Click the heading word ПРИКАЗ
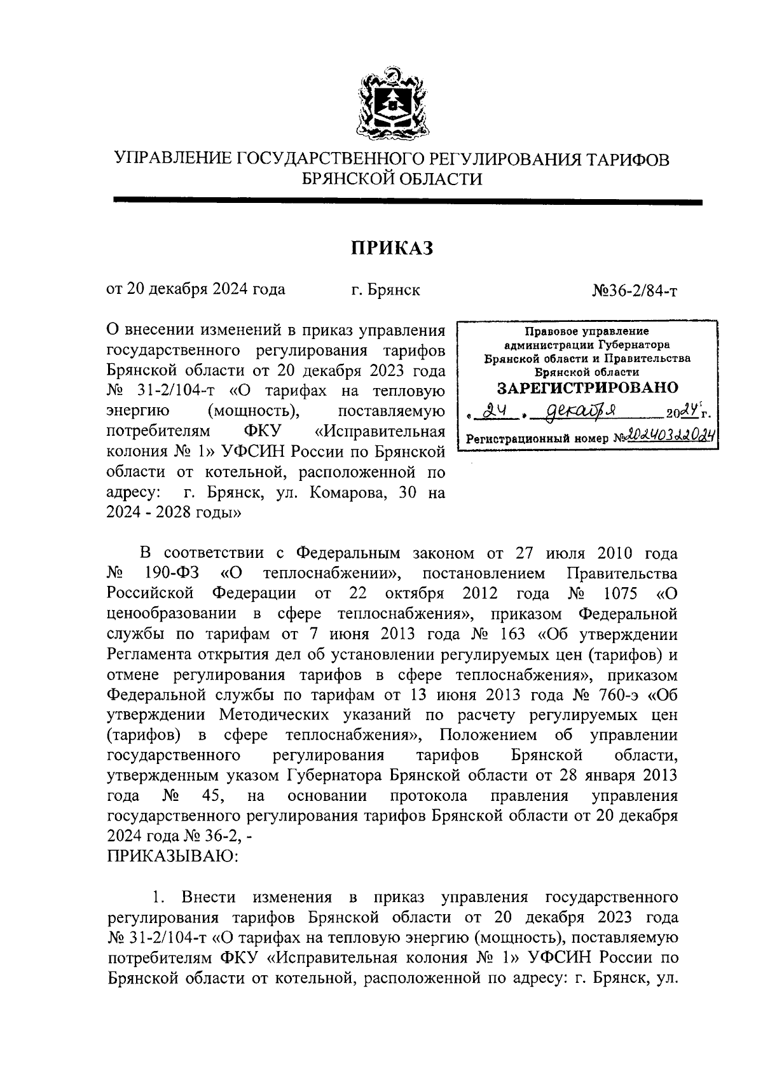click(392, 248)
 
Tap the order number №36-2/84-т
click(635, 290)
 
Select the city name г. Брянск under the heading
click(385, 290)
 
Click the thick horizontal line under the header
click(407, 202)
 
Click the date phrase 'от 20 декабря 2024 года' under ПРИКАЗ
click(196, 290)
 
